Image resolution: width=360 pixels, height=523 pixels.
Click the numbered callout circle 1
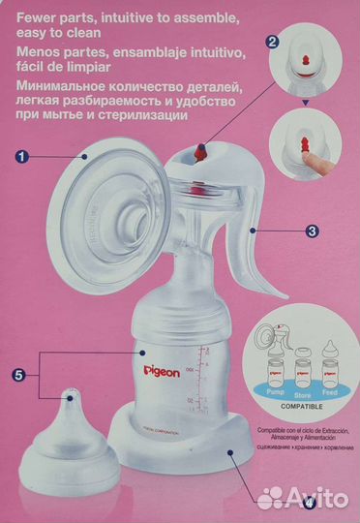pyautogui.click(x=24, y=155)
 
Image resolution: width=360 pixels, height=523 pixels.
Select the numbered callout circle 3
pyautogui.click(x=313, y=231)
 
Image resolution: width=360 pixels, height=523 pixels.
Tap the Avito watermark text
pyautogui.click(x=319, y=500)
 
